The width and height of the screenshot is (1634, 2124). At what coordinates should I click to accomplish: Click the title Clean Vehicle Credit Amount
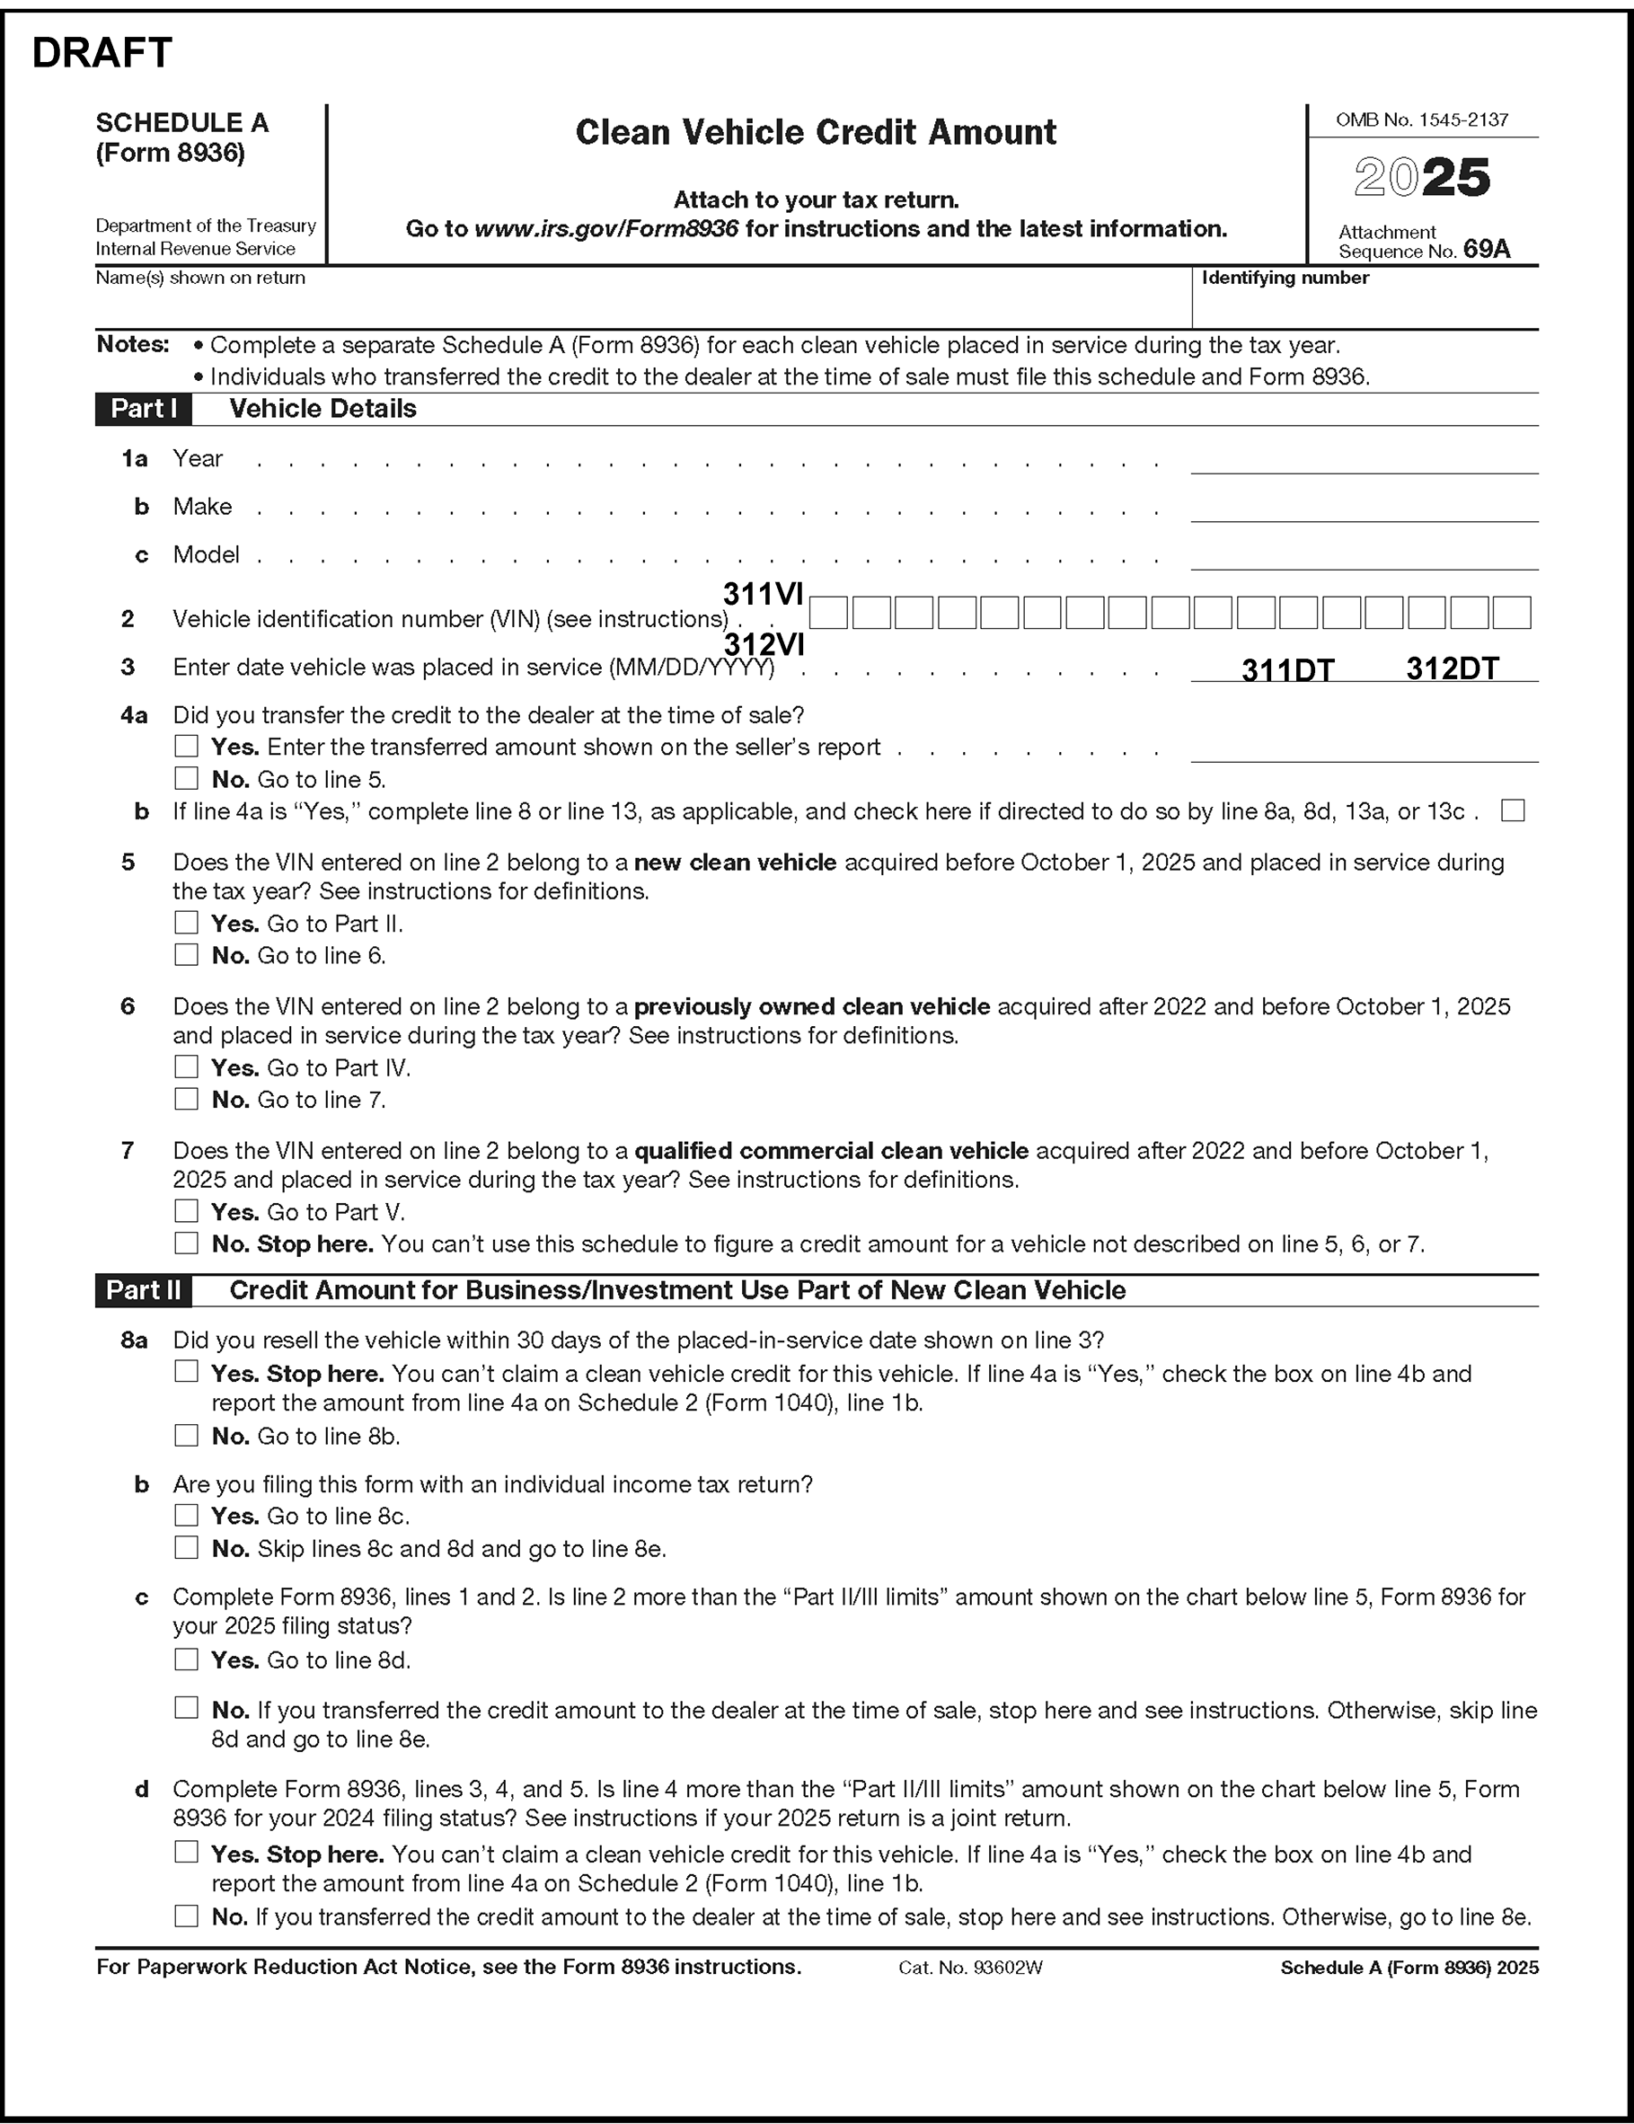tap(815, 132)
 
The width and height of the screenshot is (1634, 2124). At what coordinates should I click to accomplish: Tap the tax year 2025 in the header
tap(1422, 178)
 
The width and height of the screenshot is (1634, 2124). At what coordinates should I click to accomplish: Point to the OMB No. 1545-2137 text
tap(1422, 119)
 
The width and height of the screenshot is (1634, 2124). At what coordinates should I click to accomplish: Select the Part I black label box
tap(143, 410)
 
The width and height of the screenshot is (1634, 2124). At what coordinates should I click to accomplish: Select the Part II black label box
tap(143, 1290)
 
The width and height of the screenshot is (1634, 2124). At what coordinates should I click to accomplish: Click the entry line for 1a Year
tap(1364, 461)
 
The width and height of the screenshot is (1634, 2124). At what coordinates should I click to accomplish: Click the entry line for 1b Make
tap(1364, 509)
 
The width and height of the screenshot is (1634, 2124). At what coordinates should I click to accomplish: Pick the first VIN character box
tap(827, 613)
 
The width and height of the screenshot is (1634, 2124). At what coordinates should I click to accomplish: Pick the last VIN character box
tap(1512, 613)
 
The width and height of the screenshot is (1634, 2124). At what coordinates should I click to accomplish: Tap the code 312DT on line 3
tap(1453, 668)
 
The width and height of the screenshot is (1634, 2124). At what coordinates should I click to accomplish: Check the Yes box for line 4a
tap(186, 746)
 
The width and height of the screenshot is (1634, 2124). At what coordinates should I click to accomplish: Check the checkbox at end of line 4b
tap(1513, 810)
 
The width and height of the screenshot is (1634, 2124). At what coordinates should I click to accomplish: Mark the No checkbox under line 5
tap(186, 955)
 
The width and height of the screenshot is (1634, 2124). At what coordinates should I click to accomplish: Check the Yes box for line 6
tap(186, 1066)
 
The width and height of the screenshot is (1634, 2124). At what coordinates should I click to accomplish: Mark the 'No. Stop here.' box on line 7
tap(186, 1243)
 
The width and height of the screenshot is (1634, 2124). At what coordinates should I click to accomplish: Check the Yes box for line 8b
tap(186, 1515)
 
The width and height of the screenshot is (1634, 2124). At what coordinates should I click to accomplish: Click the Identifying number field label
tap(1285, 279)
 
